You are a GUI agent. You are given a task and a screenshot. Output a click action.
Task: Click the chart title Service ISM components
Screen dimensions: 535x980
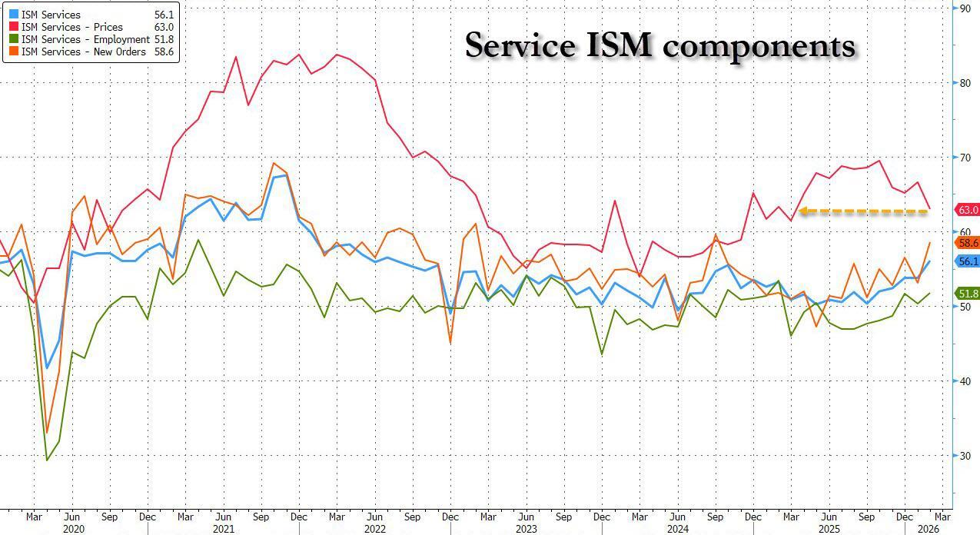click(659, 46)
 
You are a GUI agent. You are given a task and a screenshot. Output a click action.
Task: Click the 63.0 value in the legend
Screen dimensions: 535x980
click(163, 27)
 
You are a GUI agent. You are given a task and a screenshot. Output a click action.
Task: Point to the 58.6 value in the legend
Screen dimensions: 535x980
click(163, 52)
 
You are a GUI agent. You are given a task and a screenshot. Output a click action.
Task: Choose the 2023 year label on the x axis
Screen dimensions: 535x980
click(526, 529)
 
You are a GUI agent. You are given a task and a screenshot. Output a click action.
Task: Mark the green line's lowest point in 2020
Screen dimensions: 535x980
click(47, 460)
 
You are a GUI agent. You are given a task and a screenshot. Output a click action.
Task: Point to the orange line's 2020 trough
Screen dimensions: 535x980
click(47, 432)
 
